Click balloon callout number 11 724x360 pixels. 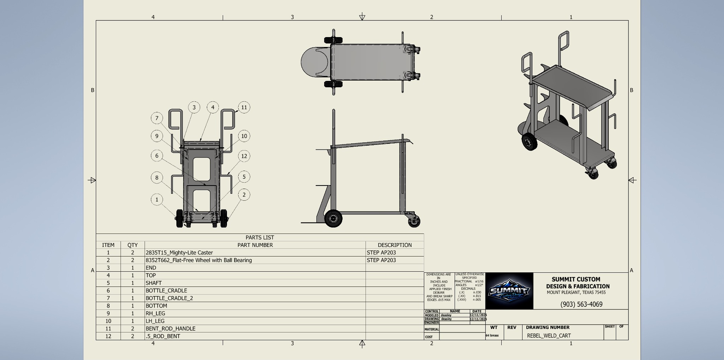click(x=244, y=107)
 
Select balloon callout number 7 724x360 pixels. click(x=157, y=118)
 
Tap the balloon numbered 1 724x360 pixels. click(x=157, y=200)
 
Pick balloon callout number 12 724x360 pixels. click(x=244, y=156)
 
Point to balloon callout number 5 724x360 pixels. click(x=244, y=177)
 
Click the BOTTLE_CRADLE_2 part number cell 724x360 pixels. click(x=169, y=298)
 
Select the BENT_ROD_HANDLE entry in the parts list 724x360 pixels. click(x=170, y=329)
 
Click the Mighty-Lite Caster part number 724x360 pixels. click(x=179, y=253)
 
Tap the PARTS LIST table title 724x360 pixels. click(x=260, y=237)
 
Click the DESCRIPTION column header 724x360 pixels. click(x=395, y=245)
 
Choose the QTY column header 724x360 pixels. click(x=133, y=245)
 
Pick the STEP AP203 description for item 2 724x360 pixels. click(x=381, y=260)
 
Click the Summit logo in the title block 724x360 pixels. click(x=509, y=291)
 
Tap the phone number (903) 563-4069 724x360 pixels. click(x=581, y=304)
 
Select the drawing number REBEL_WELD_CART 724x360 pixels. click(x=549, y=336)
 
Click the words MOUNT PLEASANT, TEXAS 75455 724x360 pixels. click(x=576, y=293)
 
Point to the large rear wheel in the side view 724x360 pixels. click(x=333, y=219)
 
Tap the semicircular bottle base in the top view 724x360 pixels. click(x=311, y=62)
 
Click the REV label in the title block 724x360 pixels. click(x=512, y=327)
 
